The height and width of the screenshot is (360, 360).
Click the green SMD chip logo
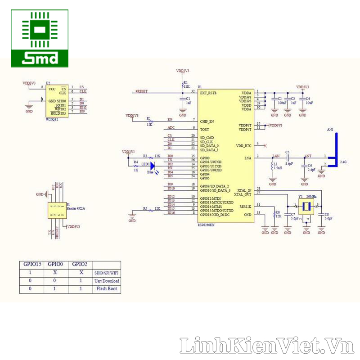pos(40,38)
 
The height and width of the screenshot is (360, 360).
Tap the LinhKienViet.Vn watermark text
pos(267,346)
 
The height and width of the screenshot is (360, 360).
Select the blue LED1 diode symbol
pos(152,166)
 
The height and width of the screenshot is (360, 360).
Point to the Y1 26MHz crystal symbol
pos(306,206)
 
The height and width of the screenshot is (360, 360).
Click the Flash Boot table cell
pos(106,289)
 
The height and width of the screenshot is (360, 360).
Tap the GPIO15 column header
pos(31,265)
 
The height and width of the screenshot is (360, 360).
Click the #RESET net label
pos(142,92)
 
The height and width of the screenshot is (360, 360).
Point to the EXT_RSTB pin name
pos(208,93)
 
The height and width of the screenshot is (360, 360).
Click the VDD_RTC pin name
pos(243,146)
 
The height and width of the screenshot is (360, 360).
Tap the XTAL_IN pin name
pos(244,190)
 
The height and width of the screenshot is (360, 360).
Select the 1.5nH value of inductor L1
pos(278,168)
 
